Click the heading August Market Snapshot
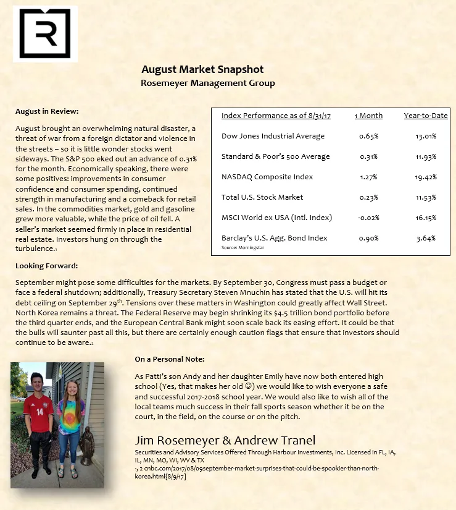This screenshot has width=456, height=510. [x=202, y=69]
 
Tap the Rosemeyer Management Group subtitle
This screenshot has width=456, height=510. [x=207, y=83]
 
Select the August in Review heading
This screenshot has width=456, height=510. [x=47, y=111]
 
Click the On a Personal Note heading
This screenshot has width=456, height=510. [x=170, y=359]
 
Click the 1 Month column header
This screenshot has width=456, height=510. [x=368, y=116]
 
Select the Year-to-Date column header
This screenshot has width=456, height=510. [x=425, y=116]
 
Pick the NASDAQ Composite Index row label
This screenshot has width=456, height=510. [x=267, y=177]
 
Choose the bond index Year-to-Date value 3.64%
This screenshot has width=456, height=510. [x=426, y=238]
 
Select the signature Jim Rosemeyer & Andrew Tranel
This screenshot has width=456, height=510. [x=225, y=440]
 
